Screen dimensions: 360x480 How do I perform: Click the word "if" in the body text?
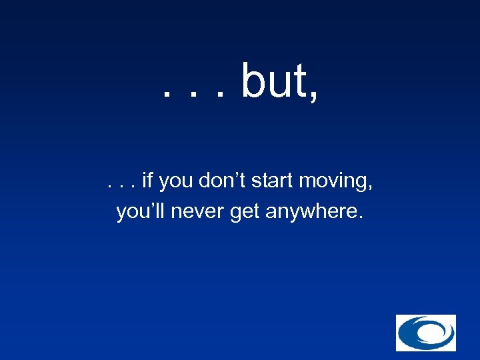pyautogui.click(x=147, y=180)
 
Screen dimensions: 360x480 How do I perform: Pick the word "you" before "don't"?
pyautogui.click(x=175, y=182)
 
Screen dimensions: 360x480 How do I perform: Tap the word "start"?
pyautogui.click(x=273, y=181)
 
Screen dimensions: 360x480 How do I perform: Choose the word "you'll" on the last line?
pyautogui.click(x=141, y=212)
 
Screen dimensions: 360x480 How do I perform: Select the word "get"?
pyautogui.click(x=245, y=214)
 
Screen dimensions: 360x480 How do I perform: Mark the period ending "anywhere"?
pyautogui.click(x=361, y=218)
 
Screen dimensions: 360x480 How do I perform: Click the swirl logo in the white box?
pyautogui.click(x=426, y=333)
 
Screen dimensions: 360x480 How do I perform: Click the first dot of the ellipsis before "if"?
pyautogui.click(x=109, y=186)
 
